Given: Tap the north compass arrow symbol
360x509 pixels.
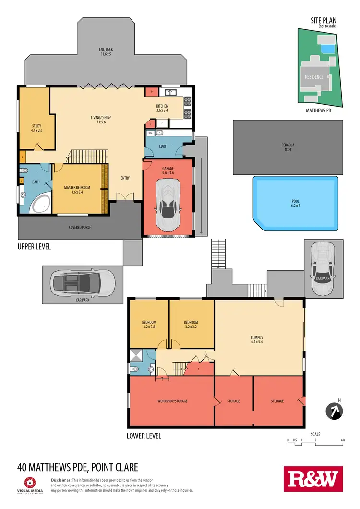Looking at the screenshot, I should (x=334, y=411).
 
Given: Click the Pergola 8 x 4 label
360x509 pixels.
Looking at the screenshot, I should (x=288, y=147).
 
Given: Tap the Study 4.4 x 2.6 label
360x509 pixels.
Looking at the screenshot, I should (x=36, y=128).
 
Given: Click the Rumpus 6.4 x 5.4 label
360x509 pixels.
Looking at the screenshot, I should (x=256, y=339).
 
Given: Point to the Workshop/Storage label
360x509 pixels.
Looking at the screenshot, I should (x=172, y=401).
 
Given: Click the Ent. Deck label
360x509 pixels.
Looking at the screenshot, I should (x=106, y=51).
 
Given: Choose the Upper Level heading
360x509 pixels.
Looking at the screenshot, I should (x=34, y=247).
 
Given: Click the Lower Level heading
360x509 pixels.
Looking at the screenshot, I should (x=144, y=436).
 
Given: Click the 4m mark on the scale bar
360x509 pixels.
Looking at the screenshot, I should (x=343, y=440).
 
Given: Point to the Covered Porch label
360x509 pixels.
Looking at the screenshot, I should (x=80, y=227).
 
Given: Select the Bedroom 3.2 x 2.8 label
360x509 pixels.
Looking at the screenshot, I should (x=149, y=325).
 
